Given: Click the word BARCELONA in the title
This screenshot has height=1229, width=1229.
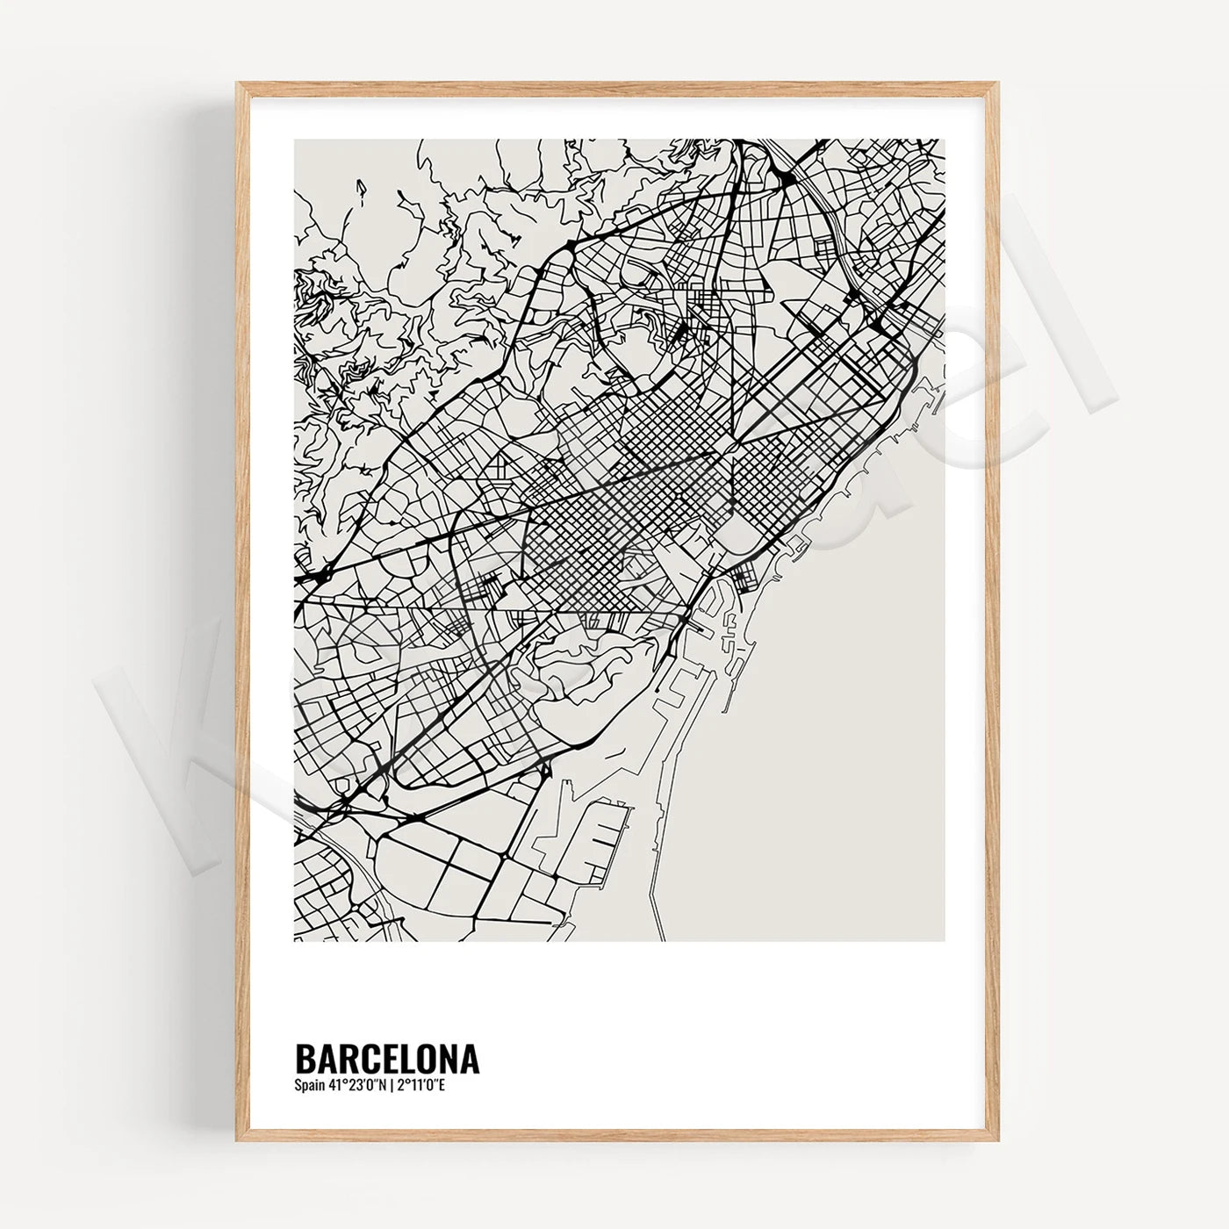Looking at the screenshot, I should tap(387, 1058).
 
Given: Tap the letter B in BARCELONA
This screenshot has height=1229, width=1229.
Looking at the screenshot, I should tap(305, 1058).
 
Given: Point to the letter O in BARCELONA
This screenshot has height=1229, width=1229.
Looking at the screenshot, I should tap(428, 1058).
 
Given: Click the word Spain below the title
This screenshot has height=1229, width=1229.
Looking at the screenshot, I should tap(308, 1086).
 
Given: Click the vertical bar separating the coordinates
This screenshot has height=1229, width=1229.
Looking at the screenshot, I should tap(391, 1086).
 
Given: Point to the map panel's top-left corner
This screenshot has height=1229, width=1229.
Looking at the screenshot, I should tap(295, 140).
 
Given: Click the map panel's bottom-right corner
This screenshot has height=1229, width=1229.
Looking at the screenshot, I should tap(944, 940).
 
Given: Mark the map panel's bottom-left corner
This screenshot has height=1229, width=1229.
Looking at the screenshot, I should tap(295, 940).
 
